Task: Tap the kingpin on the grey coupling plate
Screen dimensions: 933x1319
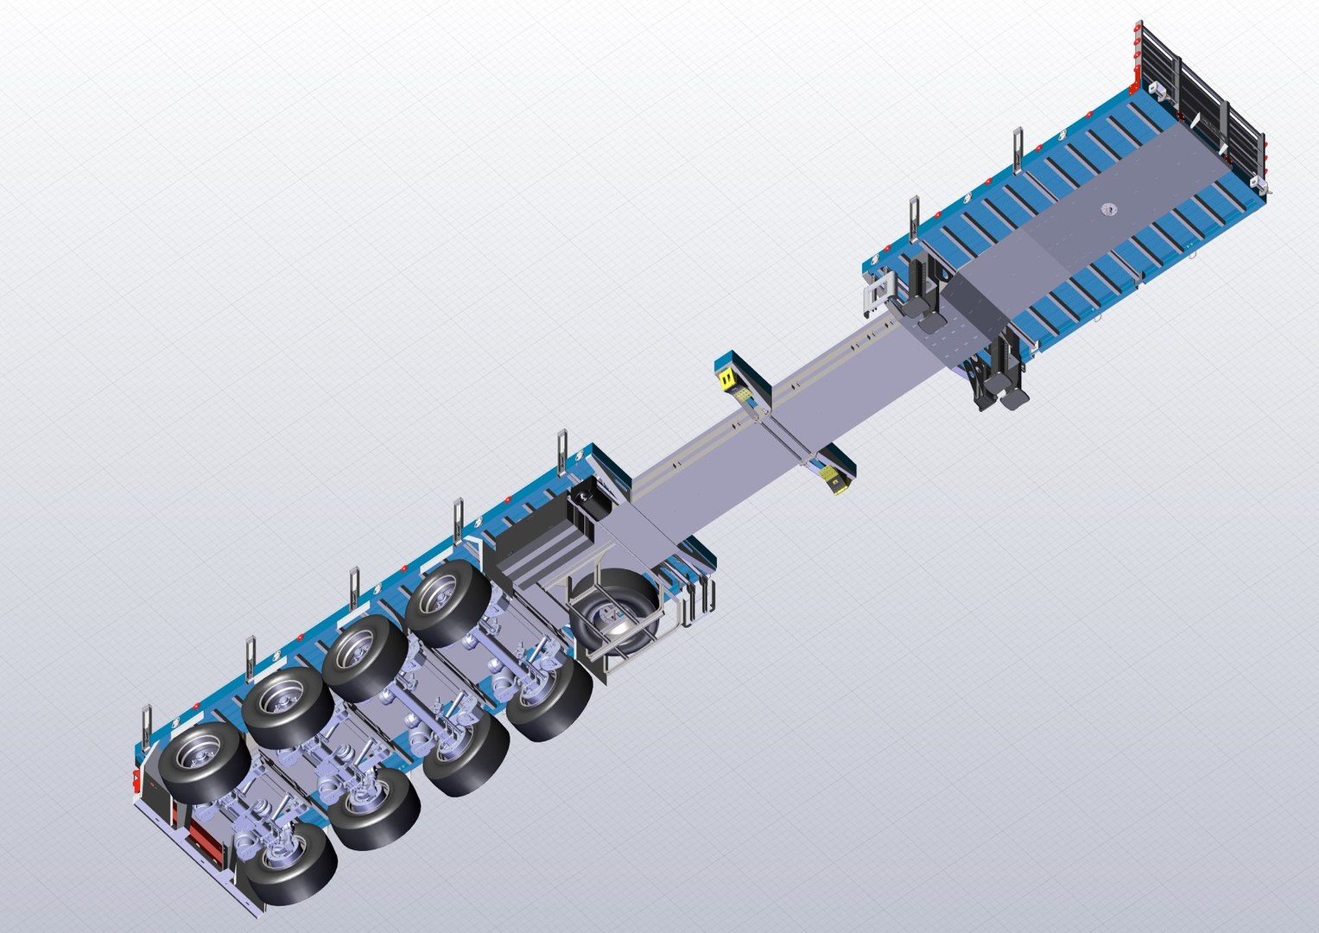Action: (1109, 210)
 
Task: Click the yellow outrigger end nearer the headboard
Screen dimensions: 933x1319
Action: (726, 377)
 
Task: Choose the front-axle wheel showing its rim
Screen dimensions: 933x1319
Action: (448, 602)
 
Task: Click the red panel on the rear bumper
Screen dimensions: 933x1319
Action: (206, 837)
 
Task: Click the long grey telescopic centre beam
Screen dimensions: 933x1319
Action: (777, 415)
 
